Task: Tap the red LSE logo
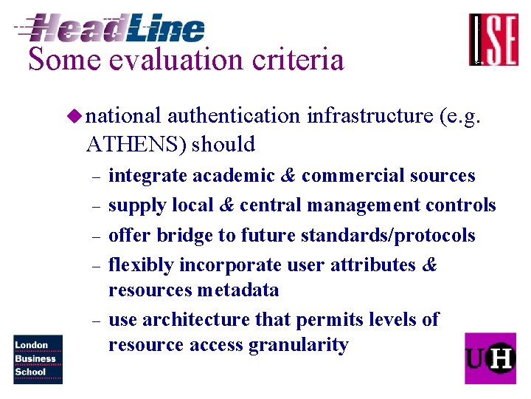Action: coord(493,40)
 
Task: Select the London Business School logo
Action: coord(38,358)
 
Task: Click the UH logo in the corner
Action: coord(490,358)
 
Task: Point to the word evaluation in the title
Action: coord(178,60)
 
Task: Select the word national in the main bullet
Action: coord(123,116)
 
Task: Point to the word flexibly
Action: coord(140,265)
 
